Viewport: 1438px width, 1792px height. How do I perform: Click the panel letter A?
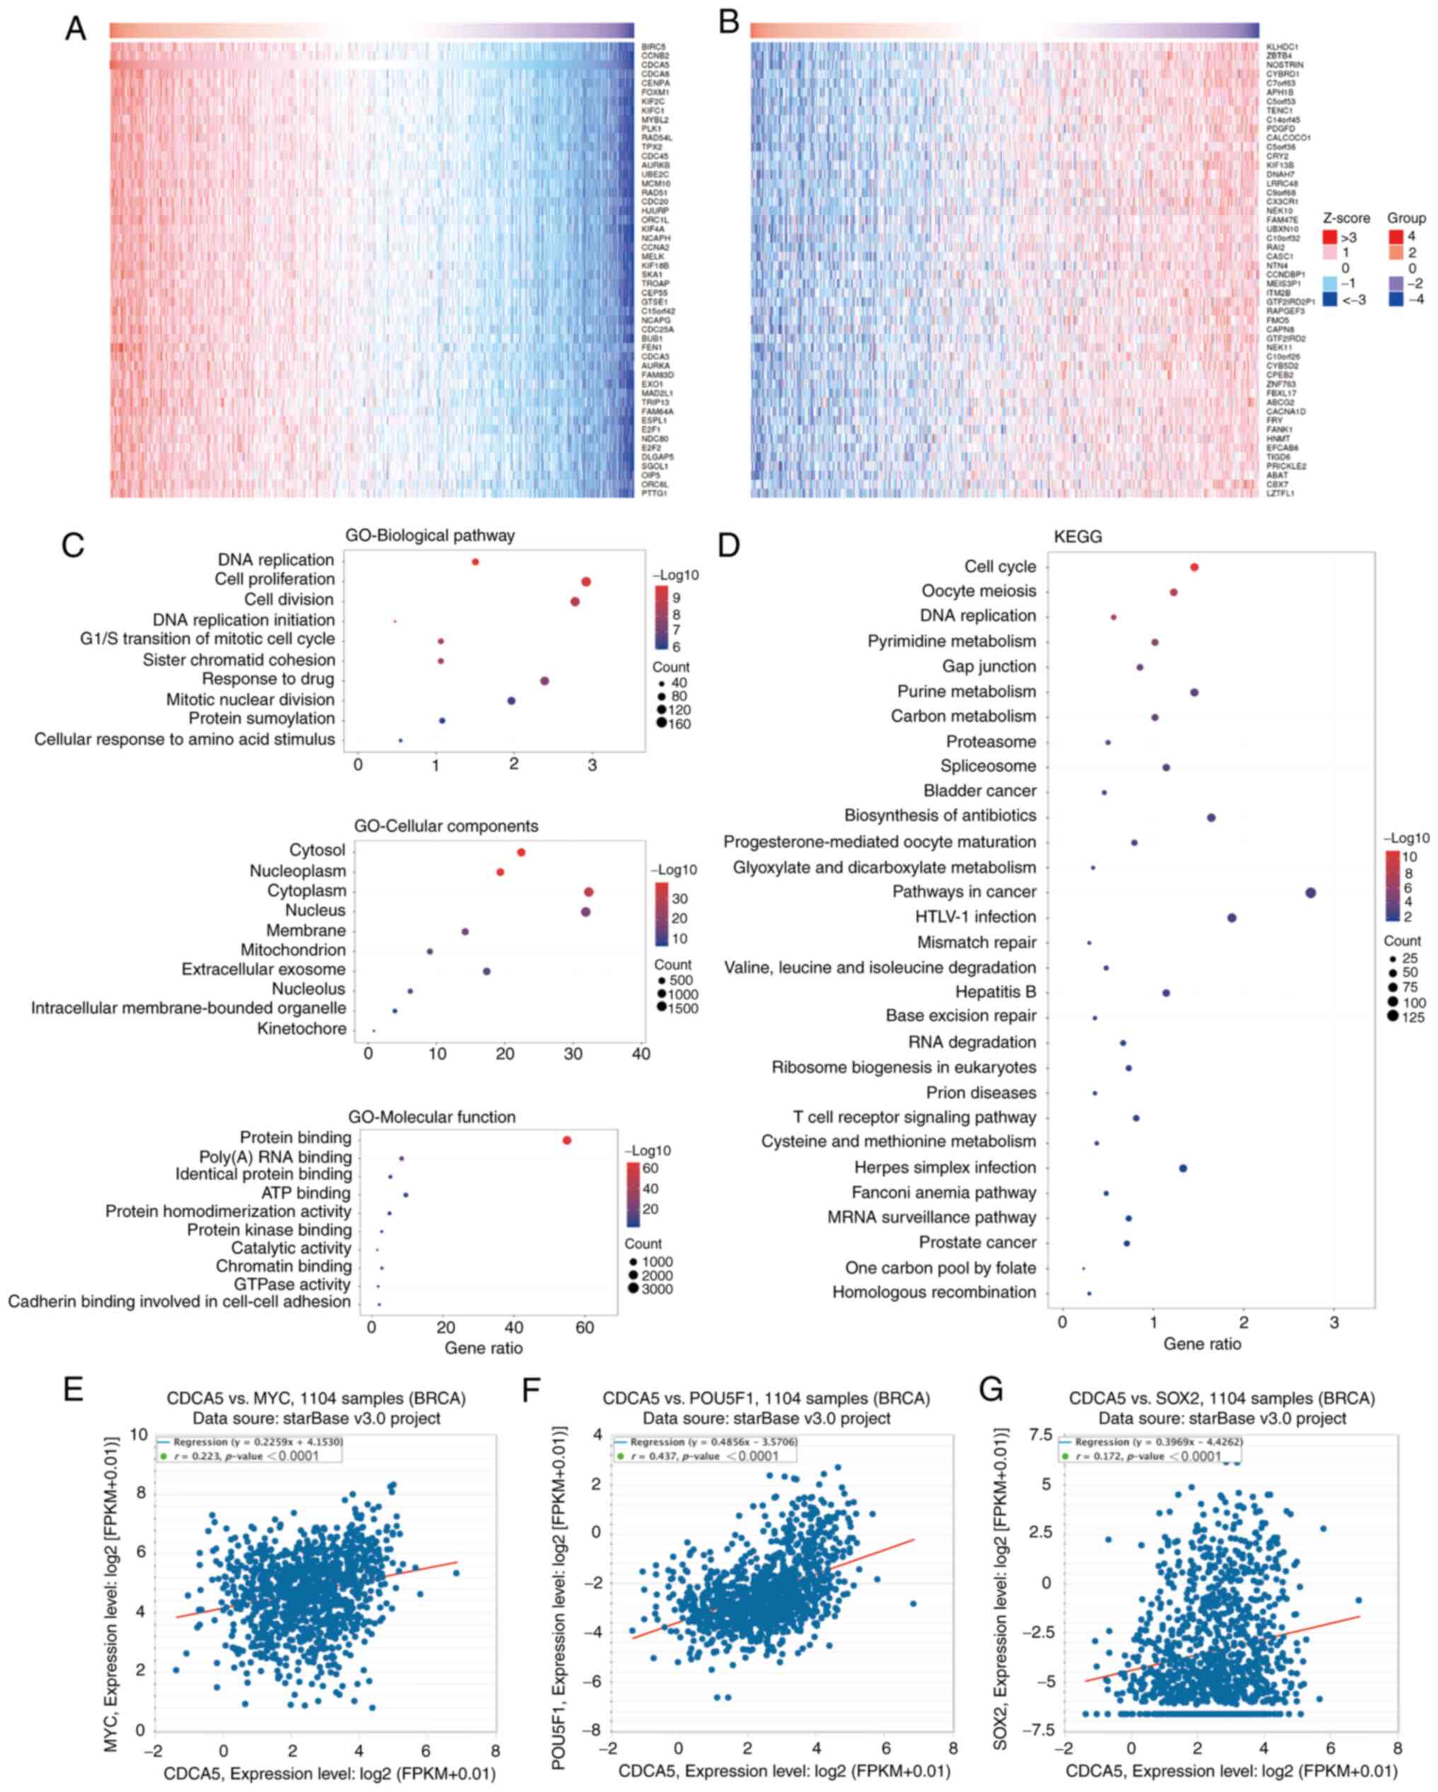coord(75,28)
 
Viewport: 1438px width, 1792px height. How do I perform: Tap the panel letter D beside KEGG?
coord(728,545)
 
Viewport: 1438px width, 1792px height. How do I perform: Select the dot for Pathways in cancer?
coord(1311,893)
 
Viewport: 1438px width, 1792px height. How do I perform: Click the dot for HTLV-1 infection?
coord(1232,918)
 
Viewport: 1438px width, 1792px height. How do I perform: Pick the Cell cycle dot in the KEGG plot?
coord(1195,567)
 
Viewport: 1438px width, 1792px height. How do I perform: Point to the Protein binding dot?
coord(567,1140)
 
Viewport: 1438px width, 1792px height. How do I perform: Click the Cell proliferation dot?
coord(586,582)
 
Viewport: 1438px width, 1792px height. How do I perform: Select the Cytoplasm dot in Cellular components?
coord(589,892)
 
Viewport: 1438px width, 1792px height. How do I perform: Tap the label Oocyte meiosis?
coord(978,591)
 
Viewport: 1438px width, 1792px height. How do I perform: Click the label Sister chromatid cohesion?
coord(238,660)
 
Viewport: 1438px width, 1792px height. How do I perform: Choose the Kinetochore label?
coord(301,1029)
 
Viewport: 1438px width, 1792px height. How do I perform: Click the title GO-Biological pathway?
coord(430,536)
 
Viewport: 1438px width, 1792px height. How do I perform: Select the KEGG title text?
coord(1077,537)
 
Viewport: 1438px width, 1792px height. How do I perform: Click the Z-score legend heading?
coord(1346,218)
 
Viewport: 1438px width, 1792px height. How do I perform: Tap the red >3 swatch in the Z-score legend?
coord(1329,238)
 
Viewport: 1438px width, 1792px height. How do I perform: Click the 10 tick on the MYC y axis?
coord(139,1435)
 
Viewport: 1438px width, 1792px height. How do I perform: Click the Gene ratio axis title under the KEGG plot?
coord(1201,1344)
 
